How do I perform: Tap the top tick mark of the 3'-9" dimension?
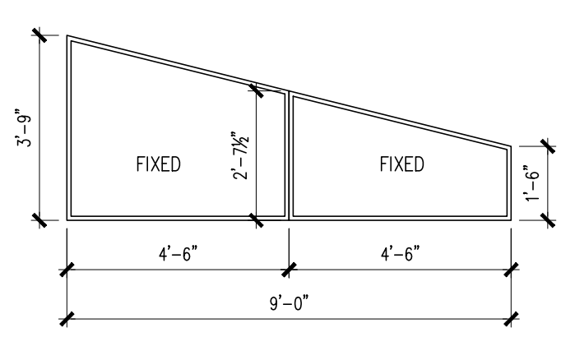[x=39, y=35]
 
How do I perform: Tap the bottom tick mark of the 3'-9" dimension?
[x=39, y=220]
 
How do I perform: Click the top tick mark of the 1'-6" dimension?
[x=545, y=145]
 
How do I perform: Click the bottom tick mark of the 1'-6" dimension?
[x=545, y=220]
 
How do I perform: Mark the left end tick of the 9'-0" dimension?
[x=67, y=318]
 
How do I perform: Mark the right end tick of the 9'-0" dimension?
[x=512, y=318]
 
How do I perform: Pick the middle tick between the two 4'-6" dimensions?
[x=289, y=269]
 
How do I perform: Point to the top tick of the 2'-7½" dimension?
[x=257, y=85]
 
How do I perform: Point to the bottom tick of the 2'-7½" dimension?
[x=257, y=220]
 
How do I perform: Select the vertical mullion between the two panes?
[x=289, y=156]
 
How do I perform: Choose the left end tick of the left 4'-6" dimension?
[x=67, y=269]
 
